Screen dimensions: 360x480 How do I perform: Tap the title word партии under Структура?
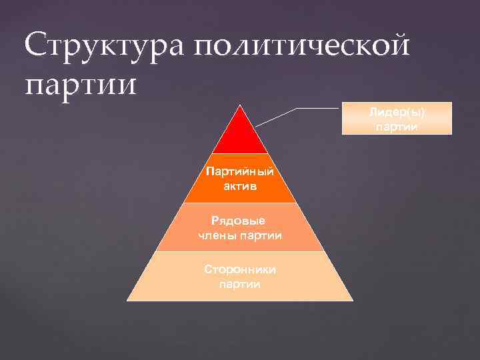click(80, 85)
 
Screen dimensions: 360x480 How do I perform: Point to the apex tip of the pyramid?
click(240, 105)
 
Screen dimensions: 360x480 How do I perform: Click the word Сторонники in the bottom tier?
click(240, 269)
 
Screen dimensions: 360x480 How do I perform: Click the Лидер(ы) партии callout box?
click(396, 119)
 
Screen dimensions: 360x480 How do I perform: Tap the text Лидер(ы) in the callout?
click(396, 112)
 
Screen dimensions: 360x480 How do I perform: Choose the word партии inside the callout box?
click(396, 126)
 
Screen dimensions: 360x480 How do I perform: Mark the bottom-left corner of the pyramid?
click(127, 300)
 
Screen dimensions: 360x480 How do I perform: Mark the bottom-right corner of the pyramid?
click(353, 300)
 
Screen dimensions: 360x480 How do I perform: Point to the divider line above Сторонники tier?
click(240, 251)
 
